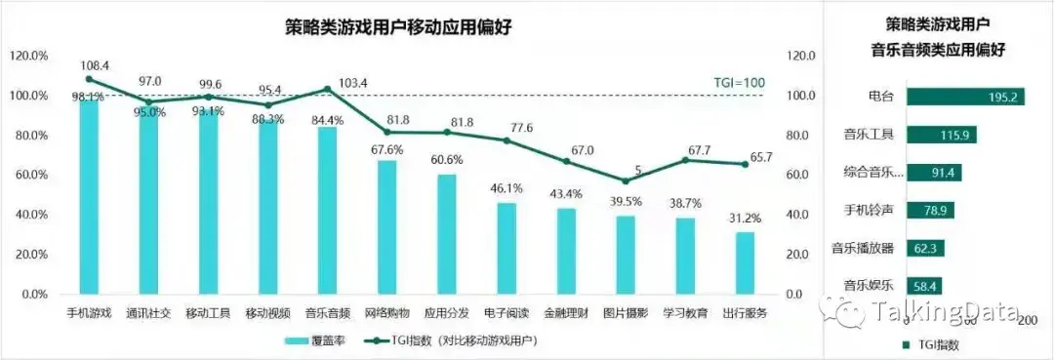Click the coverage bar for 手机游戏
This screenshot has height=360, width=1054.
click(x=90, y=195)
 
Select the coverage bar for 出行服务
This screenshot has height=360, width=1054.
click(x=746, y=262)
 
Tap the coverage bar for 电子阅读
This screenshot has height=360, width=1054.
click(x=507, y=248)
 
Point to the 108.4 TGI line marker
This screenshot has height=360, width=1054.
click(x=90, y=79)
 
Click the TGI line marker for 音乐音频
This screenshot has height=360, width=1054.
click(x=328, y=89)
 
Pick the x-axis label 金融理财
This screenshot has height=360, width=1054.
click(x=567, y=313)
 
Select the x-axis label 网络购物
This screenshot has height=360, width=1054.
click(x=387, y=313)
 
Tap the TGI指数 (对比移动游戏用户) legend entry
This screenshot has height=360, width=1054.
click(x=450, y=340)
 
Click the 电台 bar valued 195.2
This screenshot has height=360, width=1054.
click(x=965, y=97)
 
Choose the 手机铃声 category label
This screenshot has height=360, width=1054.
click(x=870, y=210)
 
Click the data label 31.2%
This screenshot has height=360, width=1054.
click(x=746, y=220)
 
